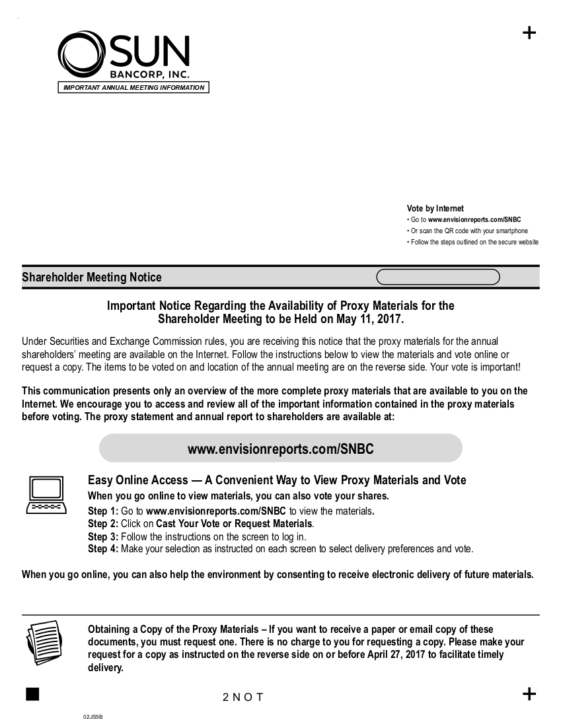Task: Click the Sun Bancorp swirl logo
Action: pos(80,55)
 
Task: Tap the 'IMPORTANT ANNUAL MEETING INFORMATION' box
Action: pos(133,88)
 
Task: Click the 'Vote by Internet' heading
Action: pos(435,209)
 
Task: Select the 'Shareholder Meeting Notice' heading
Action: pos(91,277)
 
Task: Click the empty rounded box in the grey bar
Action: pos(437,277)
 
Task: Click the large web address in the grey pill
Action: pos(280,449)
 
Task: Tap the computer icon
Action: pos(46,495)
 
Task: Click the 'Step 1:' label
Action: pos(102,511)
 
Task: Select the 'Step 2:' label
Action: pos(102,524)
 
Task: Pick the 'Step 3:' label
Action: pos(102,536)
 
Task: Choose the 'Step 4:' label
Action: pos(102,549)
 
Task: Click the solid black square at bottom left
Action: pos(32,693)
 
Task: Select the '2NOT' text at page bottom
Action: pos(243,698)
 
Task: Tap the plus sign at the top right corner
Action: pos(529,33)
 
